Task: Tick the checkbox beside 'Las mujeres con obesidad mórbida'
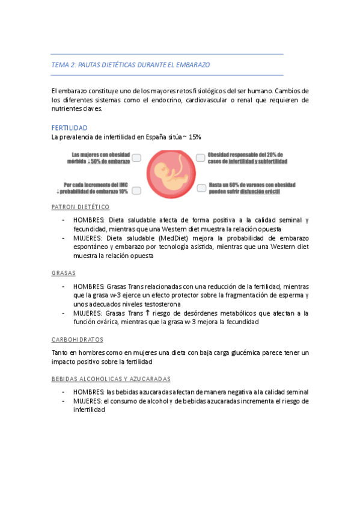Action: pos(136,158)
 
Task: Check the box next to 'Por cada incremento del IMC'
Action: pos(136,191)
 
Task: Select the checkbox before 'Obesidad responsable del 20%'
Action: pos(201,158)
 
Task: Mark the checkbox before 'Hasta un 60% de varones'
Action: pos(201,188)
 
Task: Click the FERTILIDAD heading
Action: pos(70,128)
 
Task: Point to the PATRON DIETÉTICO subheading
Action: pos(81,207)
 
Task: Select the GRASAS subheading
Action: pos(64,273)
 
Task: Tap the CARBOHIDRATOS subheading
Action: pos(78,339)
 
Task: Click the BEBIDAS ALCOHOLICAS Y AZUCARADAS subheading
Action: pos(111,379)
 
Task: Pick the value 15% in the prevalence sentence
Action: pos(195,137)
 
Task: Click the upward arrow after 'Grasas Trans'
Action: pos(148,313)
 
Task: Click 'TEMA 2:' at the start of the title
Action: pos(64,64)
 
